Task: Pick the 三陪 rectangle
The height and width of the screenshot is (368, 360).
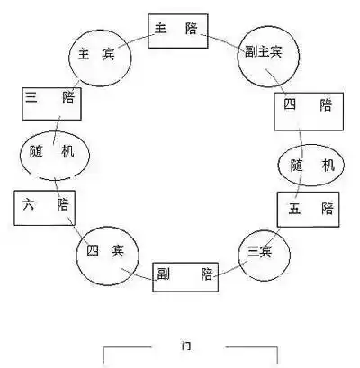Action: [x=50, y=105]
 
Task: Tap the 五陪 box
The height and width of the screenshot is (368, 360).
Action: [x=308, y=210]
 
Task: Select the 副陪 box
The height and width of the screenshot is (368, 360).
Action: [x=183, y=274]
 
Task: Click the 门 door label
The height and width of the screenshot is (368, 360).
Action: [x=187, y=346]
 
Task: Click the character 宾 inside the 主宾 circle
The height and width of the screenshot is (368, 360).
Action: [x=112, y=55]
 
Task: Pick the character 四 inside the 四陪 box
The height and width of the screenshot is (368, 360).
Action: [x=289, y=106]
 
